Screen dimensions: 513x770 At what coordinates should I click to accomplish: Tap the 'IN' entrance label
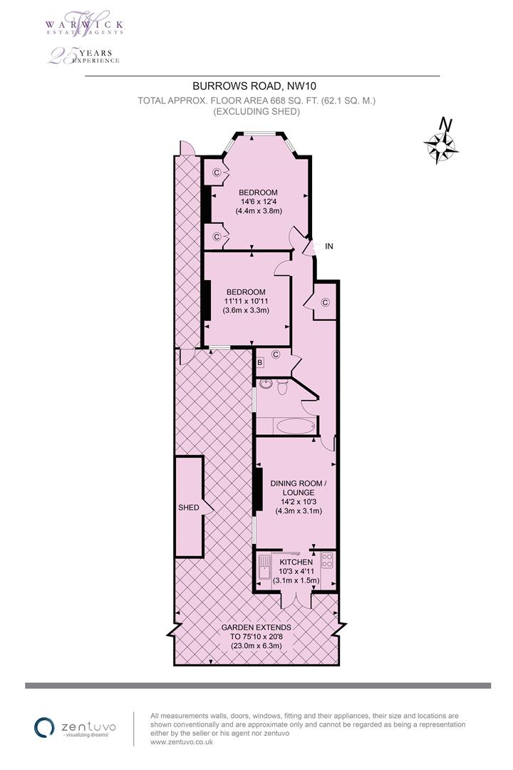click(x=329, y=246)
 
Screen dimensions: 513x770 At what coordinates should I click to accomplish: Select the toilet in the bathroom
click(x=283, y=387)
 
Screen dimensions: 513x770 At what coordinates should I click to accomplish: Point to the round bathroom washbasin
click(x=266, y=385)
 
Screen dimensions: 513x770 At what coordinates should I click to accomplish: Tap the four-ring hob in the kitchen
click(x=327, y=561)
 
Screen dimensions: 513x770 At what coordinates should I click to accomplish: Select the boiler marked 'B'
click(x=260, y=362)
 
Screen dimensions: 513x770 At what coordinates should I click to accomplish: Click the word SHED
click(x=189, y=508)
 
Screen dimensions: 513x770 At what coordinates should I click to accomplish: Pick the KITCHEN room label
click(x=296, y=562)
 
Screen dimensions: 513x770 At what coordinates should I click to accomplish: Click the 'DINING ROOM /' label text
click(x=299, y=483)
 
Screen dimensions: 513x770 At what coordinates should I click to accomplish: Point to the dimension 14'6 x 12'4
click(x=258, y=201)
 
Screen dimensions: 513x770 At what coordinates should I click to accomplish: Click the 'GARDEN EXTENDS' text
click(x=256, y=627)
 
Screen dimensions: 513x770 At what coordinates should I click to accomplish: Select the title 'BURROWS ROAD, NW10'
click(x=254, y=86)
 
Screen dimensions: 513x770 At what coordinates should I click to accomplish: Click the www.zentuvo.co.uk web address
click(x=182, y=742)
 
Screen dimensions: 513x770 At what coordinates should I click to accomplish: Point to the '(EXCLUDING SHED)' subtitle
click(x=256, y=111)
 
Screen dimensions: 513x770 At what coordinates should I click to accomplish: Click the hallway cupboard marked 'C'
click(x=324, y=302)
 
